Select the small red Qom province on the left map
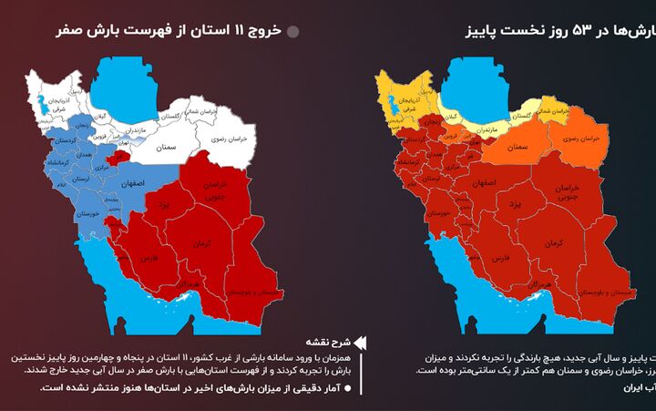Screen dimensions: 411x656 116,159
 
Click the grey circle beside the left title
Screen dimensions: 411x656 293,32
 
